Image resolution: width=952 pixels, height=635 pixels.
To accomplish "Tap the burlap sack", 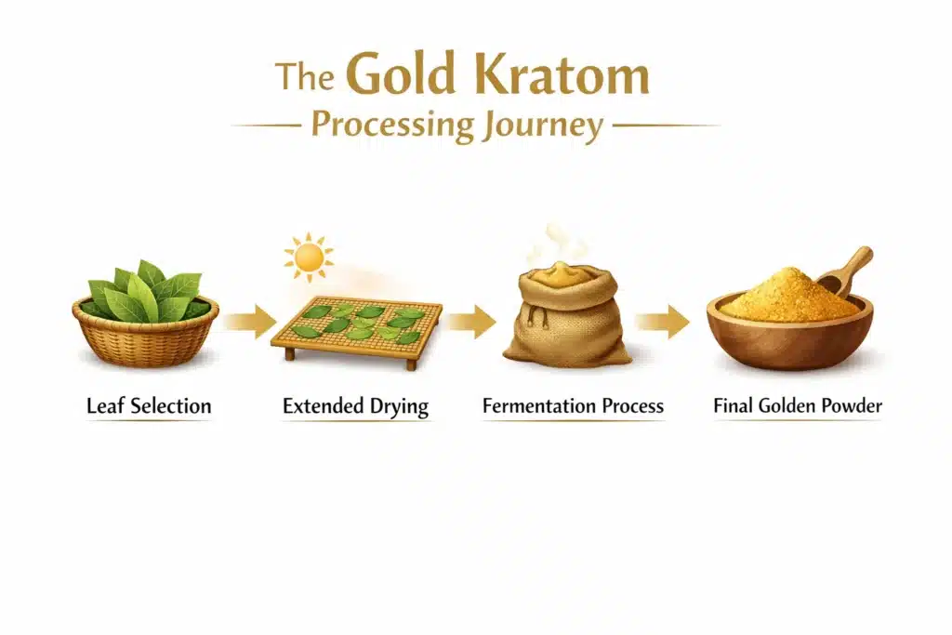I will pos(566,321).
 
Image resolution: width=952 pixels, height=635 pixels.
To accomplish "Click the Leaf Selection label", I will pos(149,406).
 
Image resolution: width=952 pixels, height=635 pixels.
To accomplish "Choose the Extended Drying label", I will pos(356,406).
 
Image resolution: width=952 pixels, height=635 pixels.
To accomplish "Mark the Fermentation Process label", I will pos(573,406).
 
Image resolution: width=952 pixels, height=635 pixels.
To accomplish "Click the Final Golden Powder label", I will pos(797,406).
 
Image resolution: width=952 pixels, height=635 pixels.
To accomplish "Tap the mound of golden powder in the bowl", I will pos(776,296).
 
